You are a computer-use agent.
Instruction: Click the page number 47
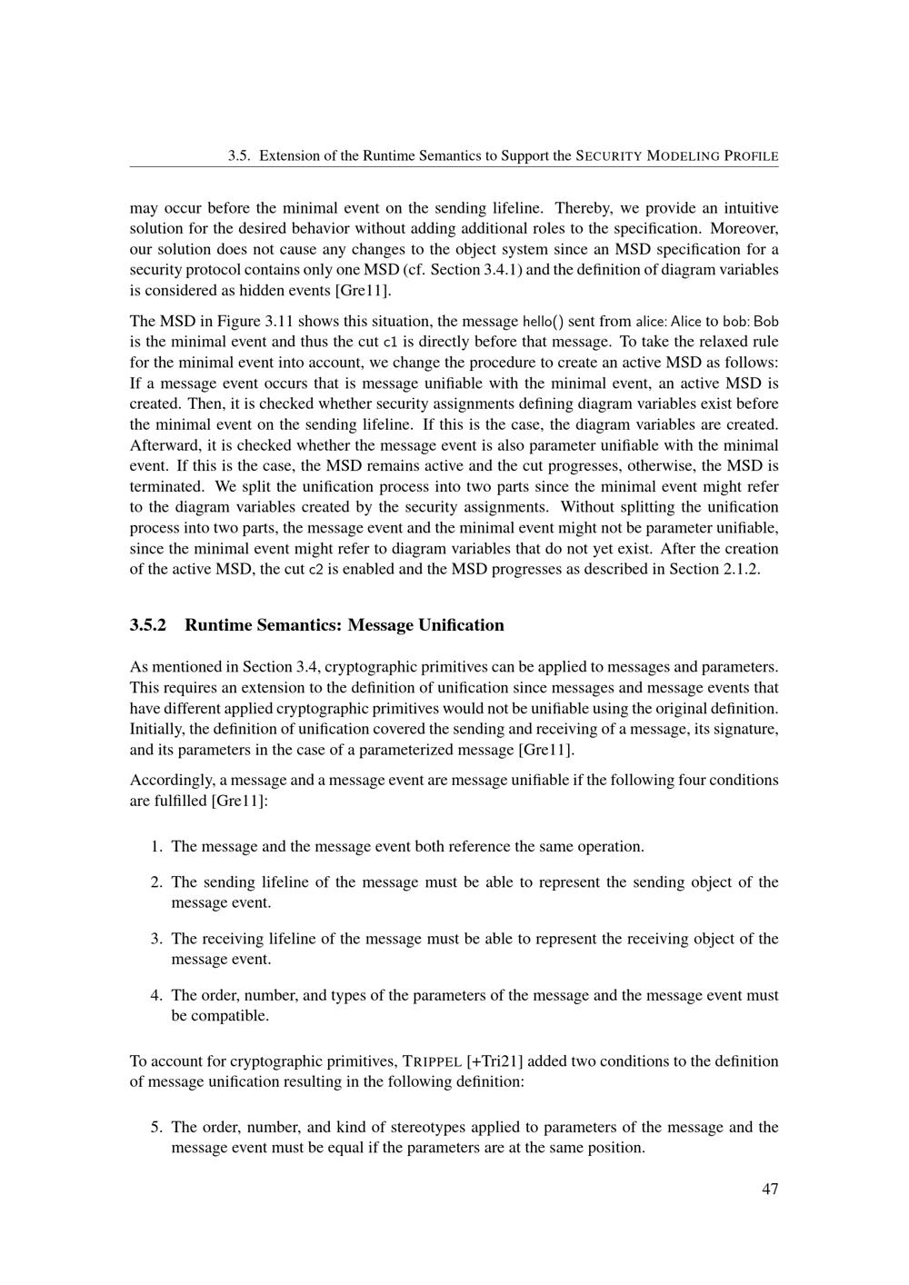coord(770,1189)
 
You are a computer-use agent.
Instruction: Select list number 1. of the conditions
coord(156,847)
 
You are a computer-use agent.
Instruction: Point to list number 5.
coord(156,1128)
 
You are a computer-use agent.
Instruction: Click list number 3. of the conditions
coord(156,939)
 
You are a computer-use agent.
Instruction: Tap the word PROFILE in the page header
coord(751,156)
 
